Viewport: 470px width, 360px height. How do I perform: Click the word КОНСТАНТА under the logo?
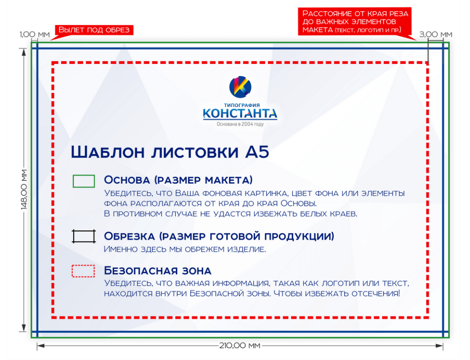(x=240, y=114)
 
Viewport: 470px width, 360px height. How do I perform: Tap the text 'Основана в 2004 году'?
(x=240, y=125)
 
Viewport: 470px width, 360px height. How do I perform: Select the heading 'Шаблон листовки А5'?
(x=170, y=152)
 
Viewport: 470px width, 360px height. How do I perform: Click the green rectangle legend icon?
(x=84, y=181)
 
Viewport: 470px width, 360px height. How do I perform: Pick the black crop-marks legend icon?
(x=84, y=236)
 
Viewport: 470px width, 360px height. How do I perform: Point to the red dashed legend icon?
(x=84, y=271)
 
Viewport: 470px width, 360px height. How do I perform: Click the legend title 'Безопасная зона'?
(x=157, y=271)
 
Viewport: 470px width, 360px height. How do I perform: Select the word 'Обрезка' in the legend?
(x=128, y=236)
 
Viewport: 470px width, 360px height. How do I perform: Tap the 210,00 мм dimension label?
(x=240, y=346)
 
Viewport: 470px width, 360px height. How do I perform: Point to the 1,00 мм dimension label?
(x=34, y=34)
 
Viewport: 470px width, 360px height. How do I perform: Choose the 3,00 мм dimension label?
(x=435, y=34)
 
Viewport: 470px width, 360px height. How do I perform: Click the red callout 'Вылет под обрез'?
(x=94, y=30)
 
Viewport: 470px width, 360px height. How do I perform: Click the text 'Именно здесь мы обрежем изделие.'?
(x=185, y=249)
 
